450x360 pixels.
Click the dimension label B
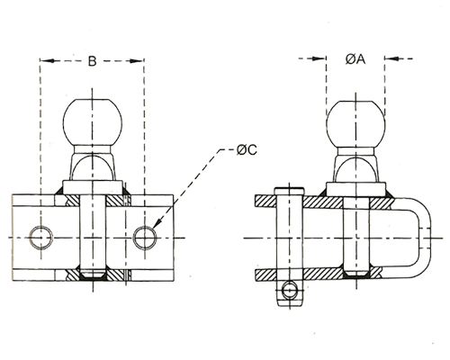point(92,61)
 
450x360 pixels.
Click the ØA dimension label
point(355,59)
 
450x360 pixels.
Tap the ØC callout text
point(247,149)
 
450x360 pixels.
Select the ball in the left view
point(93,121)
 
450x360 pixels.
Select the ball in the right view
point(355,124)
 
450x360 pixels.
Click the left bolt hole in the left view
point(41,238)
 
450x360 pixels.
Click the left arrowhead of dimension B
point(48,61)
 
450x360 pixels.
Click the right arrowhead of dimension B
point(137,61)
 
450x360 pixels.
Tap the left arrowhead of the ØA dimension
point(319,58)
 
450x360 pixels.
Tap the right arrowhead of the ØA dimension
point(392,58)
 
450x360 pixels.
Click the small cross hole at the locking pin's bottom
point(290,290)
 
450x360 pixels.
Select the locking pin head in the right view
point(290,191)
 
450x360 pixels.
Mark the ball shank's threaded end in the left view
point(93,274)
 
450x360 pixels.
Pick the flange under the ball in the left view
point(93,188)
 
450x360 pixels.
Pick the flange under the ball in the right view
point(355,190)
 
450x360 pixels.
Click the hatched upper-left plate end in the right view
point(265,201)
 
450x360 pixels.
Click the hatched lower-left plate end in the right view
point(265,274)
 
